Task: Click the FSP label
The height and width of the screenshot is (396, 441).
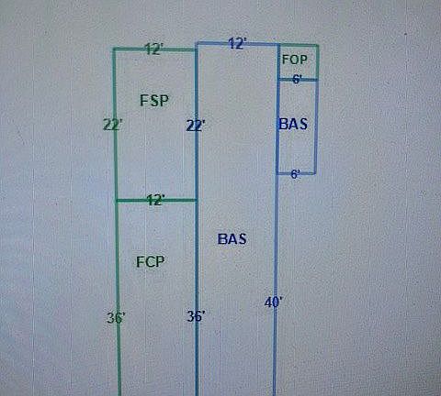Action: tap(154, 101)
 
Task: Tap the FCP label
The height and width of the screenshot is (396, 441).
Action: tap(150, 262)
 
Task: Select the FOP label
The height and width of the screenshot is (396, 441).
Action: tap(294, 60)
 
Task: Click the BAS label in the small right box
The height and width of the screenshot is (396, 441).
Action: tap(293, 124)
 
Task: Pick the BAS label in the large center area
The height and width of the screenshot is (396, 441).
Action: tap(232, 239)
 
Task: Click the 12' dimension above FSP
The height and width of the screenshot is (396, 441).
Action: tap(154, 49)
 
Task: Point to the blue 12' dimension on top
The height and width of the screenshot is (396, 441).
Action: tap(237, 44)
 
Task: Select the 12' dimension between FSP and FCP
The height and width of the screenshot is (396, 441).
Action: tap(156, 200)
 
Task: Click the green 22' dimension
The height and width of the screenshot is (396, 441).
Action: tap(113, 125)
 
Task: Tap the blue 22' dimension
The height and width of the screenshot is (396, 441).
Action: tap(196, 126)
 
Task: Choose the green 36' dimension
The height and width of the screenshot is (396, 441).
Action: tap(116, 318)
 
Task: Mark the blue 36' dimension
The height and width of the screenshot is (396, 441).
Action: tap(197, 316)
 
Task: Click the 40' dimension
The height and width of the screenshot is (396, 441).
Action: tap(273, 302)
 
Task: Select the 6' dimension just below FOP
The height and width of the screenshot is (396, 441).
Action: tap(297, 79)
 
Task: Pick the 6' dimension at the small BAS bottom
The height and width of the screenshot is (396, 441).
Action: tap(295, 174)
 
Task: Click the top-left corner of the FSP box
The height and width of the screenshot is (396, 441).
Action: tap(114, 49)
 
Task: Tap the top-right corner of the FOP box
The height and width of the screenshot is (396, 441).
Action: tap(318, 46)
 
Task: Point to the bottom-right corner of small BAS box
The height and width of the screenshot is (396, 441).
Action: tap(315, 173)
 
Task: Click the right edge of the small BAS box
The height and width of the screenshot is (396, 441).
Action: tap(316, 126)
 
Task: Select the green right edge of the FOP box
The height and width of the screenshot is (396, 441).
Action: tap(318, 62)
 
